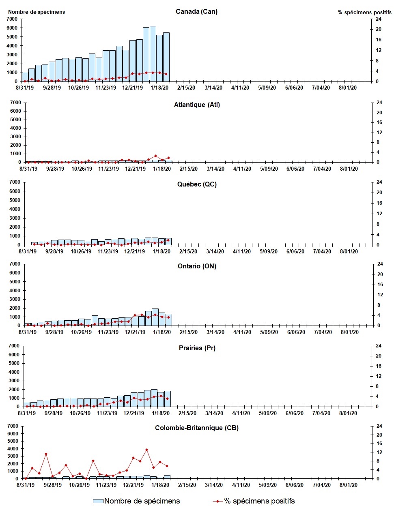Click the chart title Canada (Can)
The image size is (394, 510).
[196, 11]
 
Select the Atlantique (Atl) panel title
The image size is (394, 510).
[197, 105]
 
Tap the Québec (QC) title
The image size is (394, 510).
[197, 184]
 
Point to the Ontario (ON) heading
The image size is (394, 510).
[197, 266]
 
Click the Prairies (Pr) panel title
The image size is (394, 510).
[197, 348]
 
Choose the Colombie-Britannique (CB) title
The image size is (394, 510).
[197, 428]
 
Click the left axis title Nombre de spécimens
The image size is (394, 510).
[37, 12]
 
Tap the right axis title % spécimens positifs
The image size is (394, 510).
[364, 12]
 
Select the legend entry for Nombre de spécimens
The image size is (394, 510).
[136, 501]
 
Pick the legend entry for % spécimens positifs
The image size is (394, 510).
[254, 501]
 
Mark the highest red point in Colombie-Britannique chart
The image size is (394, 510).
[146, 450]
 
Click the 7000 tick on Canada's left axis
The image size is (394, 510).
[13, 19]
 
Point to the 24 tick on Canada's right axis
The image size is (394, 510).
[378, 19]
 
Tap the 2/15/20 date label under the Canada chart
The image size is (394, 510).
[186, 88]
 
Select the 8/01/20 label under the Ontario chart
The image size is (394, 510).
[349, 332]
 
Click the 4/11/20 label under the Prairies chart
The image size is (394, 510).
[241, 413]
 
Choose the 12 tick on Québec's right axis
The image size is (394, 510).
[379, 214]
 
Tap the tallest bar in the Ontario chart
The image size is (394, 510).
[155, 317]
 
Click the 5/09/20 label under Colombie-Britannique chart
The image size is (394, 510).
[267, 485]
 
